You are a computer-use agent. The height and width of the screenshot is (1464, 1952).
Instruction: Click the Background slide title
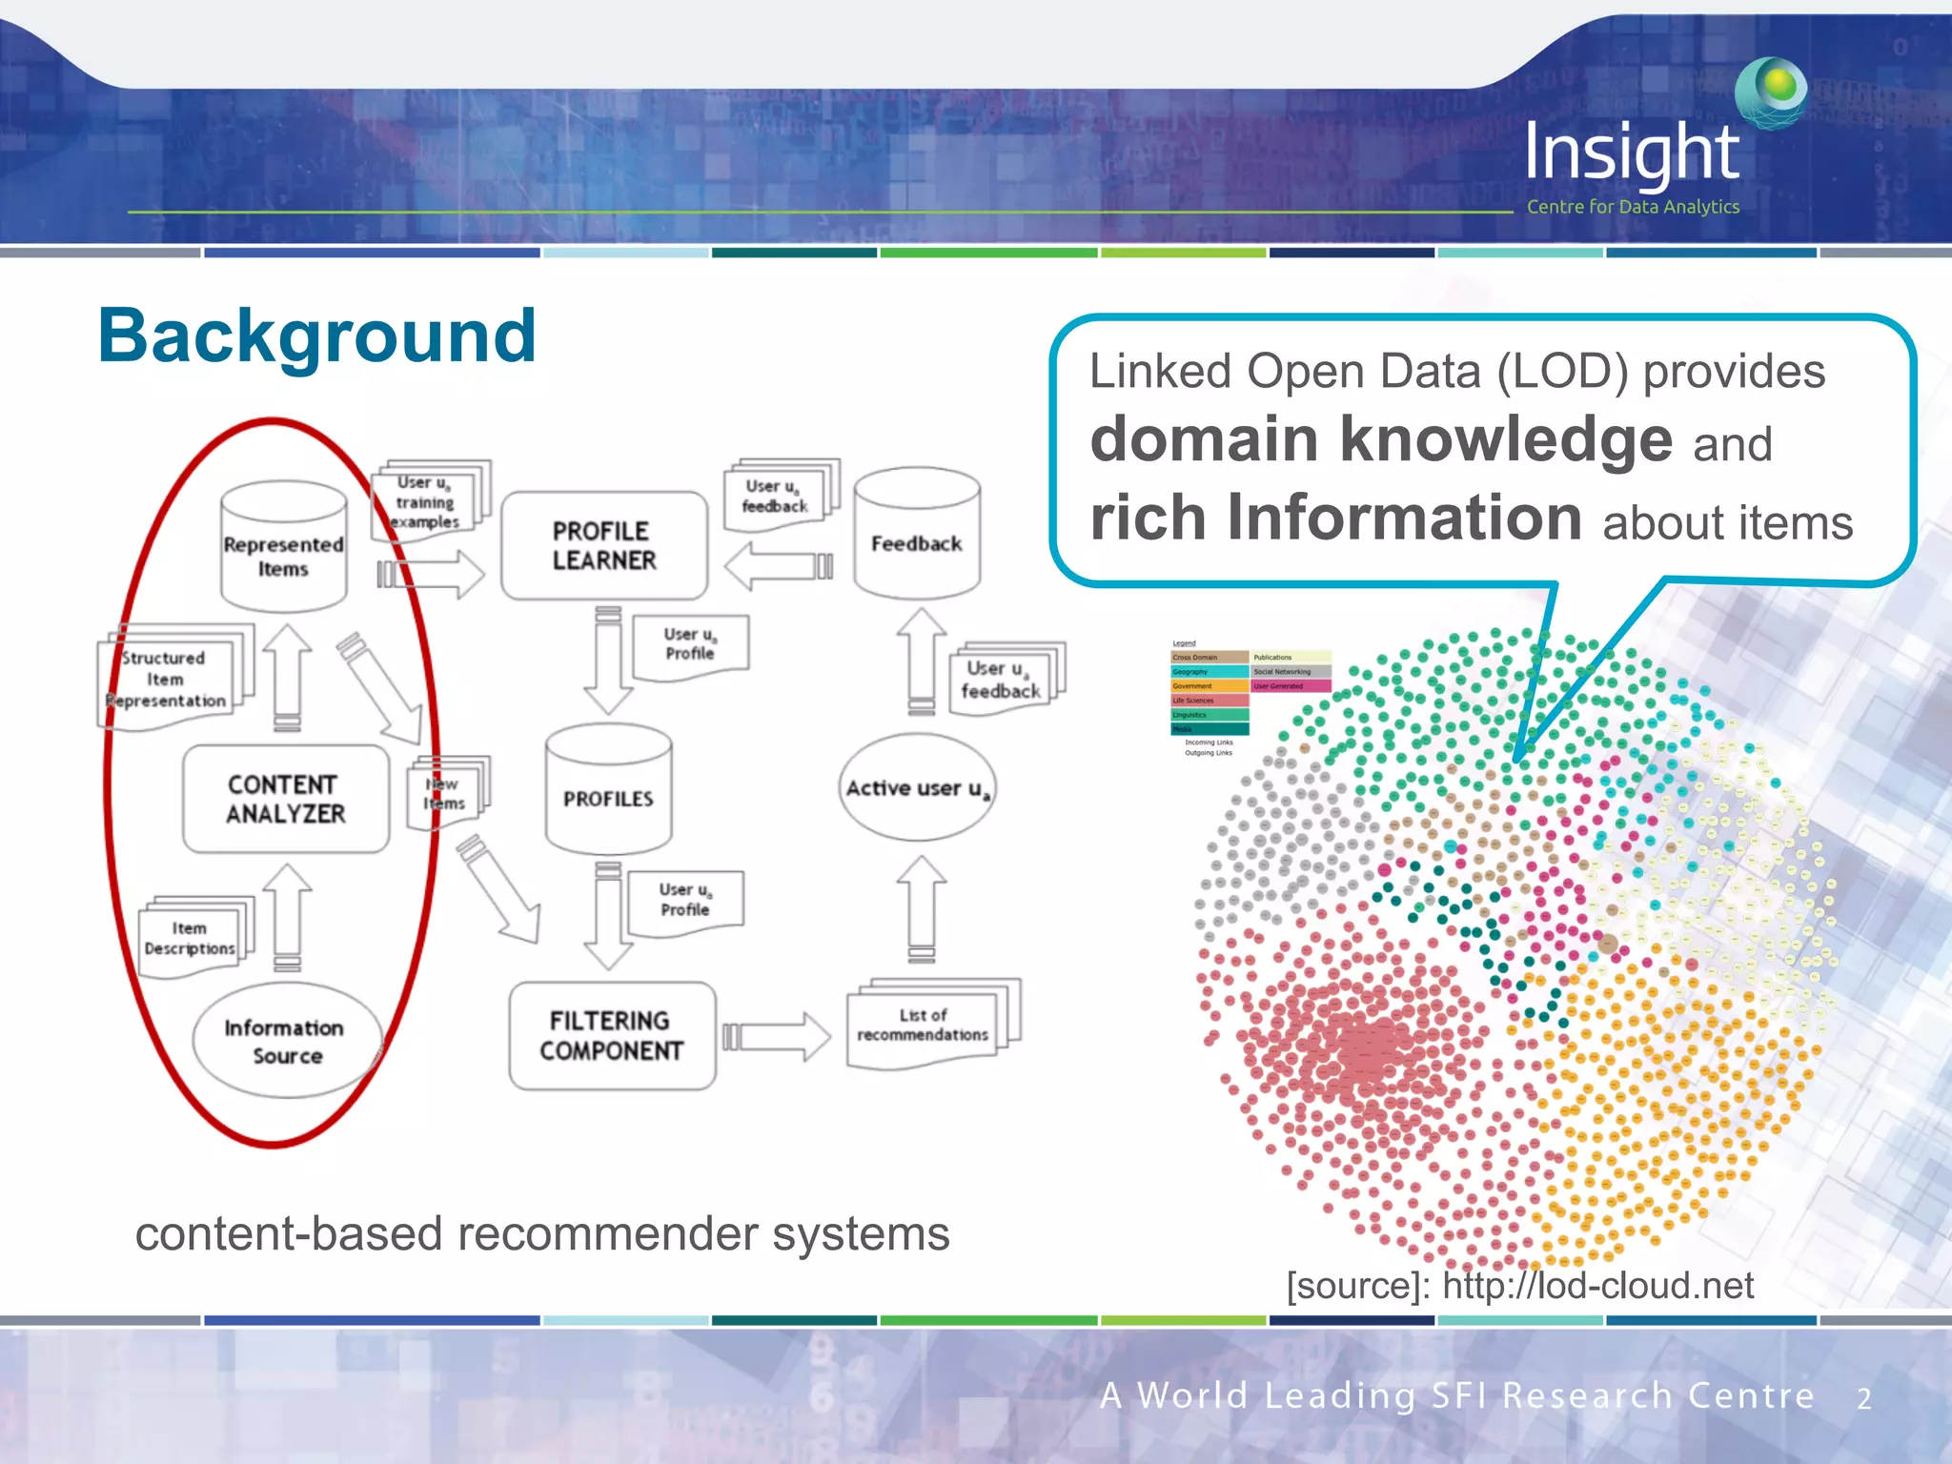click(316, 337)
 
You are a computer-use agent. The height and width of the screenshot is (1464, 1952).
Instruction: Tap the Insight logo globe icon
click(1772, 91)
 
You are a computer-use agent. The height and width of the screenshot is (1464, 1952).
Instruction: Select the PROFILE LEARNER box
click(604, 545)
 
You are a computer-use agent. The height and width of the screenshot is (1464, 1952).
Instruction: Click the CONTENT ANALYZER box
click(286, 799)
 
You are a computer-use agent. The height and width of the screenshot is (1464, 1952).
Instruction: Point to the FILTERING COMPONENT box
click(612, 1036)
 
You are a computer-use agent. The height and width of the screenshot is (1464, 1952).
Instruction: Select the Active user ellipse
click(917, 788)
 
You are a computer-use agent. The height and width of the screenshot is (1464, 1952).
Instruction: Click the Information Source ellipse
click(286, 1041)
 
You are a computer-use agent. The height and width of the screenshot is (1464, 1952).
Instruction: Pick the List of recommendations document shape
click(925, 1026)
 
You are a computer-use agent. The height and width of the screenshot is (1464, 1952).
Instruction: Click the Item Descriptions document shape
click(191, 939)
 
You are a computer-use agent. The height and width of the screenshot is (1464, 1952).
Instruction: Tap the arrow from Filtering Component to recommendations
click(776, 1036)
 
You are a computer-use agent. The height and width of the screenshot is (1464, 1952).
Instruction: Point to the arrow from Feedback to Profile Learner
click(778, 566)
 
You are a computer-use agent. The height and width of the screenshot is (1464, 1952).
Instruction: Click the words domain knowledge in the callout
click(1380, 439)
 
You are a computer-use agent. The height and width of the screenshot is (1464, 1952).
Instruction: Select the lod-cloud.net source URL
click(1597, 1286)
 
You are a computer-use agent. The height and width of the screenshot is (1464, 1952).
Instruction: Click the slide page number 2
click(1863, 1399)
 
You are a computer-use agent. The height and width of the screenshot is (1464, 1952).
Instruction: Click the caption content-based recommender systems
click(541, 1234)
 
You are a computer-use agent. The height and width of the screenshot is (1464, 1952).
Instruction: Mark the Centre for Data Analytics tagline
click(1633, 207)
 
